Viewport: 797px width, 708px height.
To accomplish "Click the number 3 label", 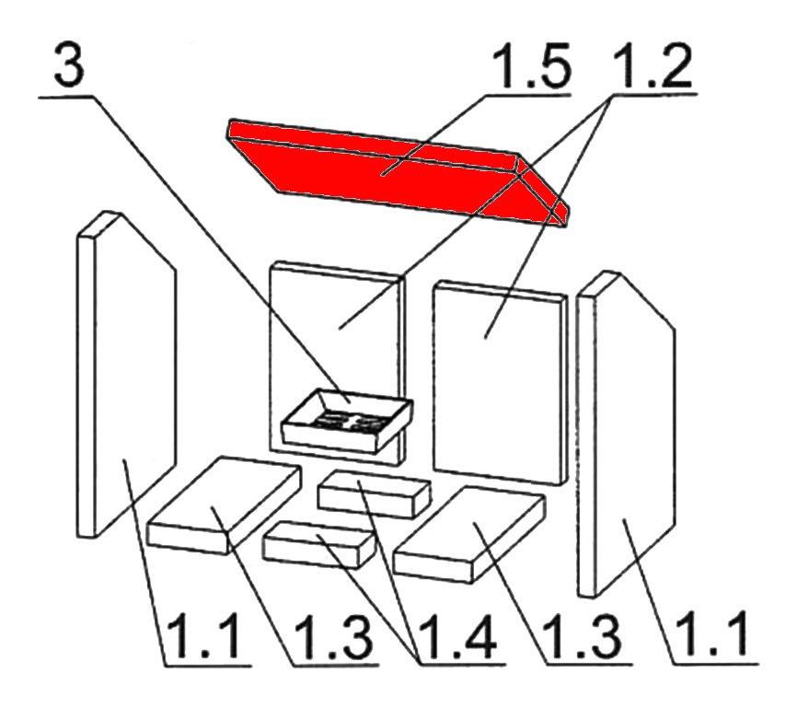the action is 69,64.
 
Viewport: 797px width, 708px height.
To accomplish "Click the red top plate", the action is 398,173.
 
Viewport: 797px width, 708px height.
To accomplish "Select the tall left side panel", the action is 127,374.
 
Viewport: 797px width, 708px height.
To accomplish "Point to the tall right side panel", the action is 626,434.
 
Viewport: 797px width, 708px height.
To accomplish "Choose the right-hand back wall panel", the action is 500,382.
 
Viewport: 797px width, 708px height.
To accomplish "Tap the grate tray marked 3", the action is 347,421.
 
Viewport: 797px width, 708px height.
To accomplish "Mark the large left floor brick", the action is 224,505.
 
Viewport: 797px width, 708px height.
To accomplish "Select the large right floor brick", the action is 469,535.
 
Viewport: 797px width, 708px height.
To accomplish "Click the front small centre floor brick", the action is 318,544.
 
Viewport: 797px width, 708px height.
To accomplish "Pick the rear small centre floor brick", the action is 374,493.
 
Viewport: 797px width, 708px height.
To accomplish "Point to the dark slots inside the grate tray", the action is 348,421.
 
